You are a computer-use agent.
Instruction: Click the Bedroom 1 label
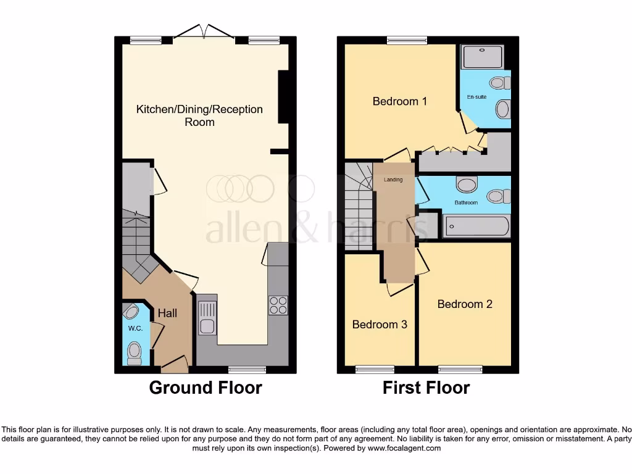click(399, 101)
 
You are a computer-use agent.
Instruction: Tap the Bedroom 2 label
click(465, 304)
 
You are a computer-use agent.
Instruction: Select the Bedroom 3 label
click(380, 324)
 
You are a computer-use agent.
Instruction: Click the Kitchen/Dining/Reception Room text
click(199, 115)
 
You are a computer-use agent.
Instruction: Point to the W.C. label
click(135, 328)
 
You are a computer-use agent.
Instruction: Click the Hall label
click(167, 314)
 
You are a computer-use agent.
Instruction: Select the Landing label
click(393, 180)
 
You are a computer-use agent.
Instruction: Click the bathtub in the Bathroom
click(476, 226)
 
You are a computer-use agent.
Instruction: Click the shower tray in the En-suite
click(483, 57)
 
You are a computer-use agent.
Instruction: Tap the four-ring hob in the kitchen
click(278, 305)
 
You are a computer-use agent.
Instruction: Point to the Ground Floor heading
click(206, 388)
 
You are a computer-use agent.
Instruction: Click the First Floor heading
click(426, 388)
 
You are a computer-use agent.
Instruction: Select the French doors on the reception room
click(204, 32)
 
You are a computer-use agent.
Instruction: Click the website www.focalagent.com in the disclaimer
click(404, 448)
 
